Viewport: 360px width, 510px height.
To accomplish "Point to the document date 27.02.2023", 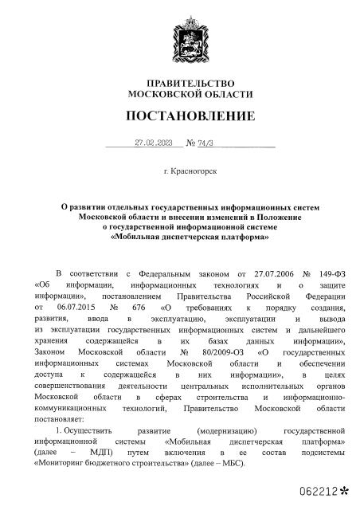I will tap(154, 143).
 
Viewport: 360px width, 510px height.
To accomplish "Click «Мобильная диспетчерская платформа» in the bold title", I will tap(190, 237).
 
